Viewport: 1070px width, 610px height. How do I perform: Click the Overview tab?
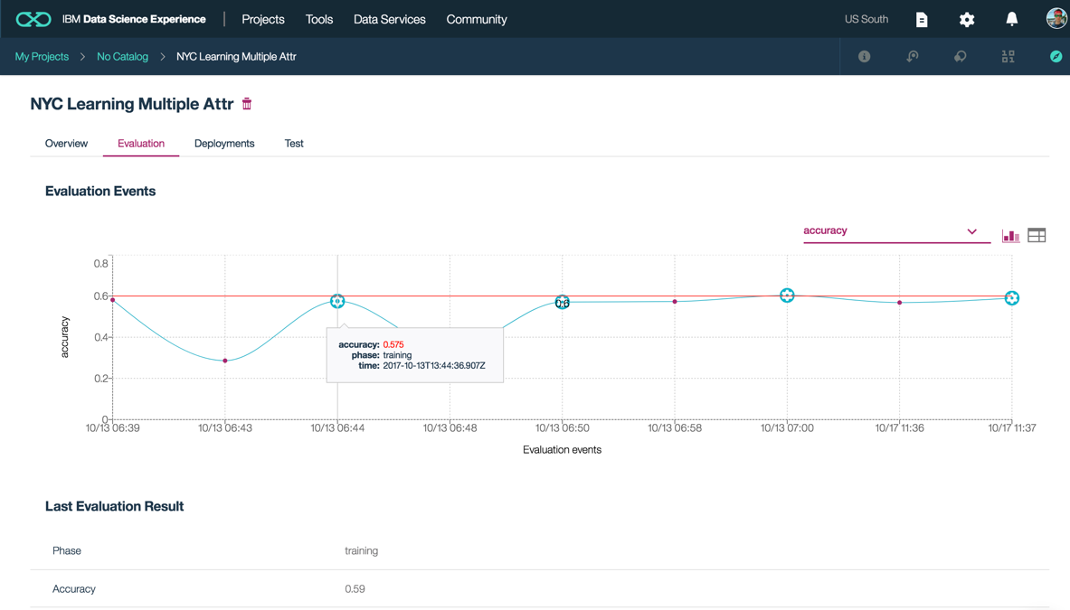[66, 144]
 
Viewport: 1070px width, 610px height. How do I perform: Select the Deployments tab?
[224, 144]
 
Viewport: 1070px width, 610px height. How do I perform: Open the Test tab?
[294, 144]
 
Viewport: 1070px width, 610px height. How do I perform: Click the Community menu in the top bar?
[477, 19]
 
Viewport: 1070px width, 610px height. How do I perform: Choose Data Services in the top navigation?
[389, 19]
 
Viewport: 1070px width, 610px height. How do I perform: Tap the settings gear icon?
[967, 19]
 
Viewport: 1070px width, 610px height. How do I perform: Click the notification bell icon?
[1011, 19]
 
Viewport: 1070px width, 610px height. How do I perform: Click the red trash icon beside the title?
[247, 104]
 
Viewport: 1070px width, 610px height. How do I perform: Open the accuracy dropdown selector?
[891, 231]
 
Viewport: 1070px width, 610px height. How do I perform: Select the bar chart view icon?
[1010, 236]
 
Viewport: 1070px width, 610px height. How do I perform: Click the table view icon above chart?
[1037, 236]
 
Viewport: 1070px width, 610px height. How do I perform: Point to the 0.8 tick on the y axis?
[100, 264]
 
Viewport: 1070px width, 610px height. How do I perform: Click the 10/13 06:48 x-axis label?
[450, 428]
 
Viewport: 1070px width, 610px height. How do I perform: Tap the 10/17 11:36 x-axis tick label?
[899, 428]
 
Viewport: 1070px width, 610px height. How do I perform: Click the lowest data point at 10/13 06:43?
[225, 361]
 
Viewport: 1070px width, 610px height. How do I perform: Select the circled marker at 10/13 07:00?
[787, 296]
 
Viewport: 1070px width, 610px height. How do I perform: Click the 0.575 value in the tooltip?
[393, 344]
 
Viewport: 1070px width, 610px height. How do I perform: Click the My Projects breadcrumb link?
[42, 57]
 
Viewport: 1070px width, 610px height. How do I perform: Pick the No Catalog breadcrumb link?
[122, 57]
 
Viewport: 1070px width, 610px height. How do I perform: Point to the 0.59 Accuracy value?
[355, 589]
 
